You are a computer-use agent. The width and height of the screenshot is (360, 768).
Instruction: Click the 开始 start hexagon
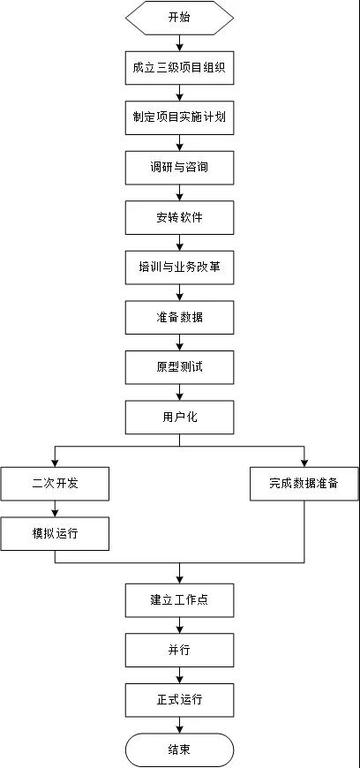(179, 19)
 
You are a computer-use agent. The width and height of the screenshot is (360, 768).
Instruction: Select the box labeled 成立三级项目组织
(179, 68)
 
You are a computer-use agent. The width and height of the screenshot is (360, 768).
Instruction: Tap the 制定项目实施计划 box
(179, 117)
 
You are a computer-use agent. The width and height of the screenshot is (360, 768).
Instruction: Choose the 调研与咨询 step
(179, 168)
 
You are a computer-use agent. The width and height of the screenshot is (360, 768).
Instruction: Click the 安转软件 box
(179, 217)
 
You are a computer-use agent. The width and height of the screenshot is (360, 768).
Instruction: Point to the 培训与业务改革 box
(179, 267)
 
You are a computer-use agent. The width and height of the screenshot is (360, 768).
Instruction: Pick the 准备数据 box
(179, 318)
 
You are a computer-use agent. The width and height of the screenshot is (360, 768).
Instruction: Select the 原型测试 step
(179, 367)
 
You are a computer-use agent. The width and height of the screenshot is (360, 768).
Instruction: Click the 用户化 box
(179, 418)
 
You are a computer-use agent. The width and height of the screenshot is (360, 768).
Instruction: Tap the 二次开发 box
(55, 484)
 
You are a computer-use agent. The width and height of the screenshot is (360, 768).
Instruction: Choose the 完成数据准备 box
(304, 484)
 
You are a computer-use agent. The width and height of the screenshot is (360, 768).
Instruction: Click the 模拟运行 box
(55, 533)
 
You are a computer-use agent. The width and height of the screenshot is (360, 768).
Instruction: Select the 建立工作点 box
(179, 600)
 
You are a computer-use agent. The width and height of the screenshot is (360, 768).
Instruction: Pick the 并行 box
(179, 650)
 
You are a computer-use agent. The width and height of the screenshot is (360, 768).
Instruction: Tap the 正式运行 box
(179, 700)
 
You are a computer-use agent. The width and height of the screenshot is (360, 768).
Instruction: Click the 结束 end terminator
(179, 749)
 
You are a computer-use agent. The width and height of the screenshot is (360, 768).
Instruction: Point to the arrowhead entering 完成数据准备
(304, 463)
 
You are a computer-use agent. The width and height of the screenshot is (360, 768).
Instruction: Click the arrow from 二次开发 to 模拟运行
(55, 508)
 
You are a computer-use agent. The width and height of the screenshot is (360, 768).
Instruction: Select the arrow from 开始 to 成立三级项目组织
(179, 43)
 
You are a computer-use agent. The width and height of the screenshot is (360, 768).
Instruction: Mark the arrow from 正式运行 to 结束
(179, 725)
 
